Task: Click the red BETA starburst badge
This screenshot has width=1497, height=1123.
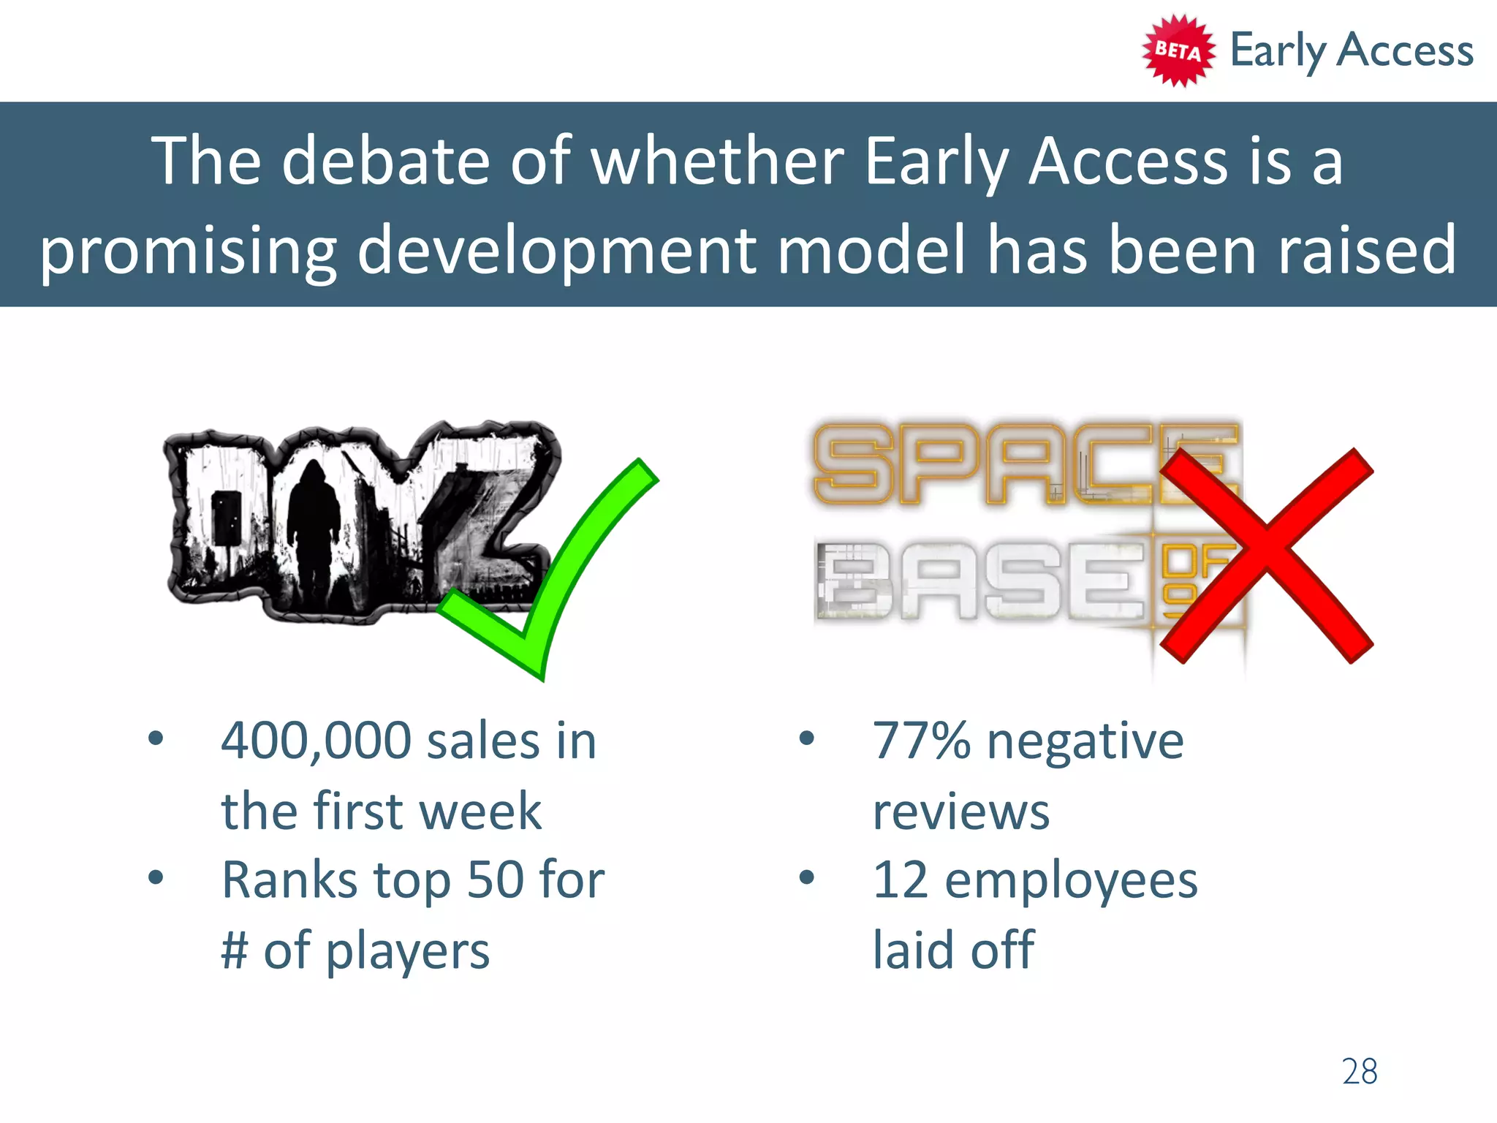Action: pyautogui.click(x=1178, y=50)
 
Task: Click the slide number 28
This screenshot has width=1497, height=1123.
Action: pyautogui.click(x=1359, y=1072)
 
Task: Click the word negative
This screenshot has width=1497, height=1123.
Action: pyautogui.click(x=1085, y=743)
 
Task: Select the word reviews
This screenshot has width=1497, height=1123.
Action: pyautogui.click(x=960, y=812)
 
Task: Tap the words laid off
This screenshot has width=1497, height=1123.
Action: pyautogui.click(x=953, y=950)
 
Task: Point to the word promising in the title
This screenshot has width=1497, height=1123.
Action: pyautogui.click(x=188, y=251)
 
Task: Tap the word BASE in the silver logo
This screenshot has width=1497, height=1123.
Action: pyautogui.click(x=979, y=581)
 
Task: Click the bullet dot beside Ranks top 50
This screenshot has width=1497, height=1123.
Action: pyautogui.click(x=155, y=877)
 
